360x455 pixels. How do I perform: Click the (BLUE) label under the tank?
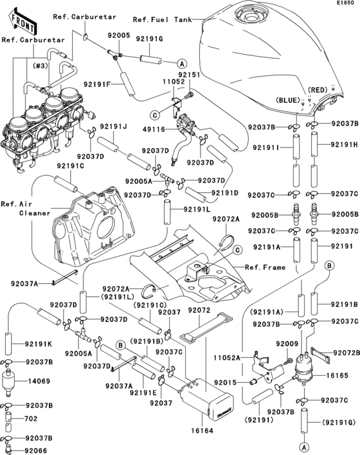point(288,101)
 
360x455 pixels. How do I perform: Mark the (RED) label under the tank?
point(318,89)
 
